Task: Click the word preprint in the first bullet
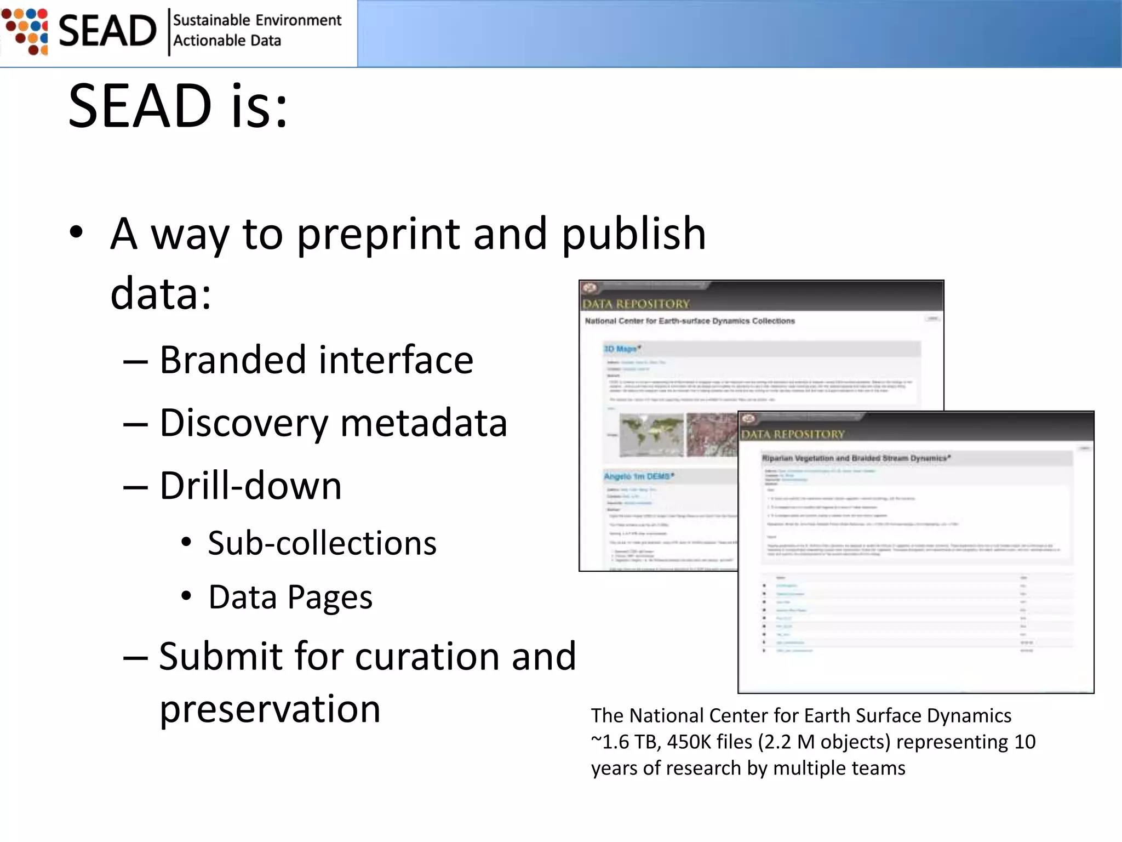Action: click(378, 234)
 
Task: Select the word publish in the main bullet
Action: click(634, 234)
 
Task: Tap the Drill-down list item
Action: click(250, 486)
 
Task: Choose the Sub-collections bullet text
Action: click(322, 543)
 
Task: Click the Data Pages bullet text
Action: click(290, 597)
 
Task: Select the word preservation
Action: click(270, 709)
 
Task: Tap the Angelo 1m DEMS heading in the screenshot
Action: click(639, 476)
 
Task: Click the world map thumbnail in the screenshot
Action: click(651, 435)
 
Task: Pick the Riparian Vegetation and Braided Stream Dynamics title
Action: click(856, 458)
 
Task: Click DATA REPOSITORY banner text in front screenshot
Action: click(793, 435)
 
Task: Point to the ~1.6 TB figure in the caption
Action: click(625, 742)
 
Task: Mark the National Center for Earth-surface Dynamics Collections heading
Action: click(690, 321)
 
